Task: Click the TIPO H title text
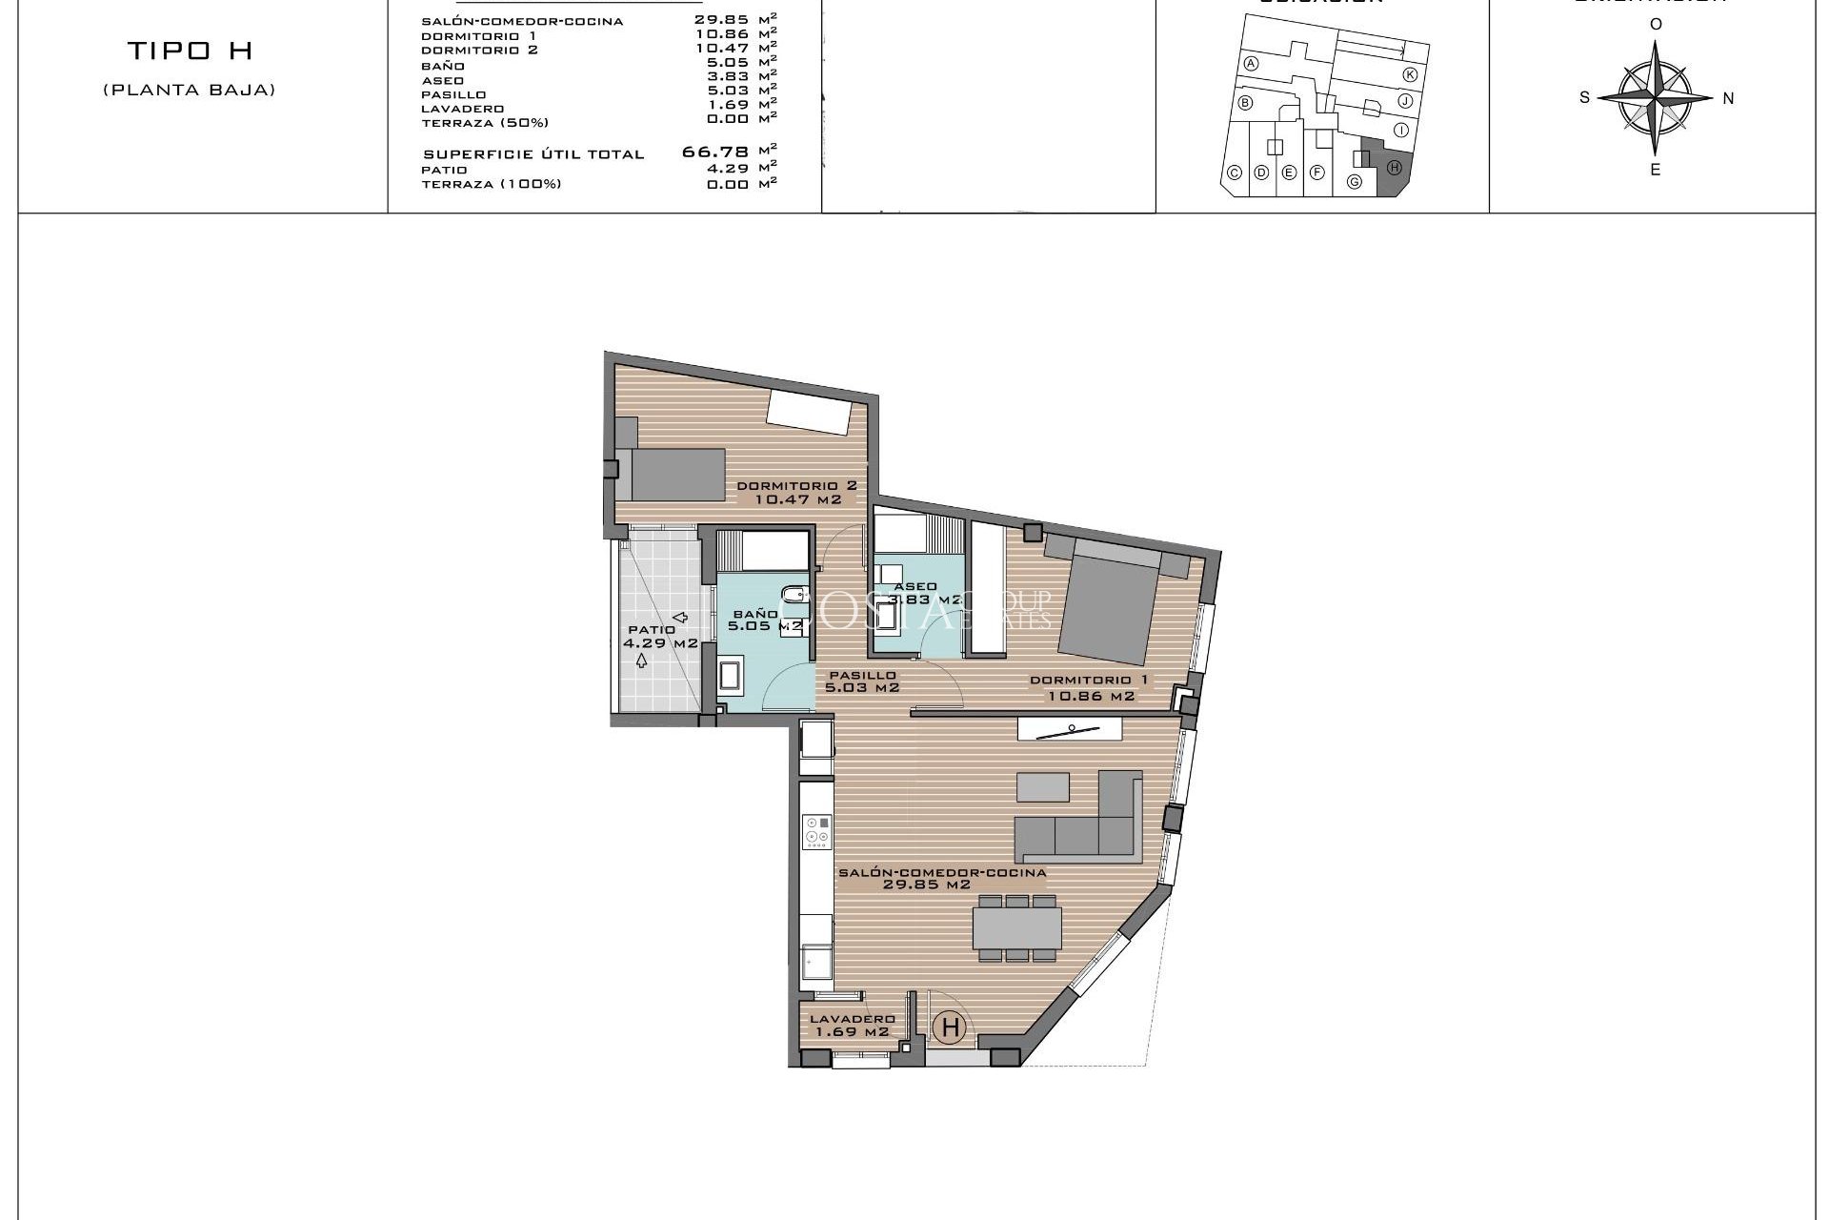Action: click(190, 51)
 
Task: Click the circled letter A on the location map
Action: click(1252, 64)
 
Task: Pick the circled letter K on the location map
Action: click(1410, 74)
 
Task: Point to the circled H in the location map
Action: click(1394, 168)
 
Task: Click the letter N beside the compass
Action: click(1728, 98)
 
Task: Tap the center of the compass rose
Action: click(1656, 97)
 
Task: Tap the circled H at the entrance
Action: click(950, 1027)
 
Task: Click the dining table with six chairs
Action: click(1016, 927)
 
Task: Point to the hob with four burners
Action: click(816, 832)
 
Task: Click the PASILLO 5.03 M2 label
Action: click(862, 681)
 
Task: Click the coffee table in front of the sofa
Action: click(1043, 786)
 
